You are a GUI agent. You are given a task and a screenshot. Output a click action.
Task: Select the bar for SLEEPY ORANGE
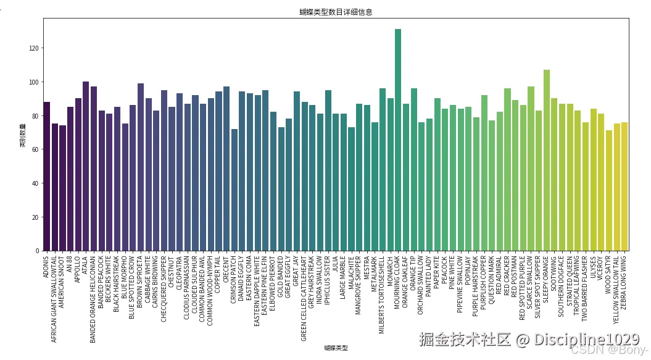point(547,161)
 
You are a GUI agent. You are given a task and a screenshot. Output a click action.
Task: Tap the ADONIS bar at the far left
point(47,177)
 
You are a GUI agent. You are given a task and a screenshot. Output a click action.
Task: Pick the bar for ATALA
point(86,166)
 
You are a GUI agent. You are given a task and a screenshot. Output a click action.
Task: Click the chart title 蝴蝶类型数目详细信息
point(336,12)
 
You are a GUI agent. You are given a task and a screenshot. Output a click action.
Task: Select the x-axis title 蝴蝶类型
point(336,348)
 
